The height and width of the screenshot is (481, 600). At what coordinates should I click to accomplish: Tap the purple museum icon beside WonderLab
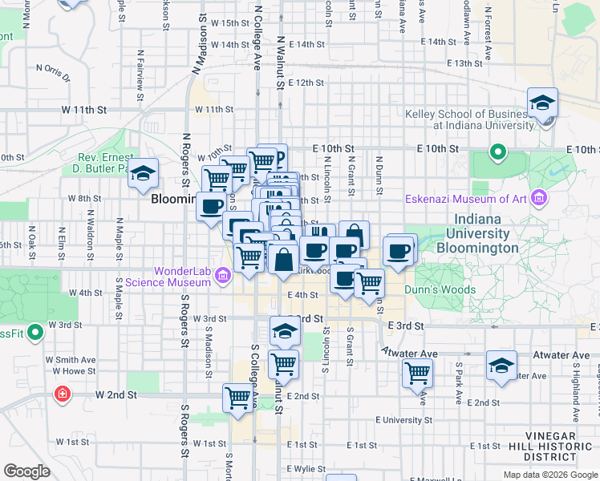click(x=224, y=277)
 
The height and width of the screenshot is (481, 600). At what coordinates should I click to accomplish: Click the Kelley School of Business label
click(x=469, y=119)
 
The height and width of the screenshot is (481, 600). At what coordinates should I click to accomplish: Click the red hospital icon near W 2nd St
click(x=62, y=394)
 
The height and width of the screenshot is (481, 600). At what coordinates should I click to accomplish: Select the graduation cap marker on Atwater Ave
click(x=501, y=367)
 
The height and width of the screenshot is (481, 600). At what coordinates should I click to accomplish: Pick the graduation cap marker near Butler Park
click(x=143, y=172)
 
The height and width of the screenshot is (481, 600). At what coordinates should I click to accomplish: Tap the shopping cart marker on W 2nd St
click(x=238, y=398)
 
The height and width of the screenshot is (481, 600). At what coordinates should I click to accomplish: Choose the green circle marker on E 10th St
click(x=497, y=152)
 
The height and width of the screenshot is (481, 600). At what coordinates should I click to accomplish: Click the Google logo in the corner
click(x=26, y=471)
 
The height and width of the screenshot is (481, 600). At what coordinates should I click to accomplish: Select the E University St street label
click(x=398, y=420)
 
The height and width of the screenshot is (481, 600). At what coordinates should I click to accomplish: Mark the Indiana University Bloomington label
click(x=481, y=233)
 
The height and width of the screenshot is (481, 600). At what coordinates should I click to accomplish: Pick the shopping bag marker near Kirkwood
click(x=284, y=260)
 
